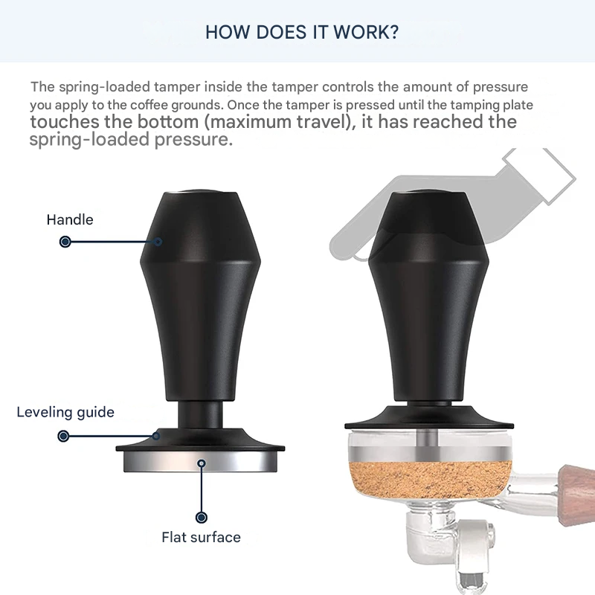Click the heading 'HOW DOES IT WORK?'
302,32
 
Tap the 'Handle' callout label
70,219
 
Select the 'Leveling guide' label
65,412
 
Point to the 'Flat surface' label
201,536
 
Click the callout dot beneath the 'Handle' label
65,242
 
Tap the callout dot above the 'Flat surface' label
200,517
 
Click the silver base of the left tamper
200,463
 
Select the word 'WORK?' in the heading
370,32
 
